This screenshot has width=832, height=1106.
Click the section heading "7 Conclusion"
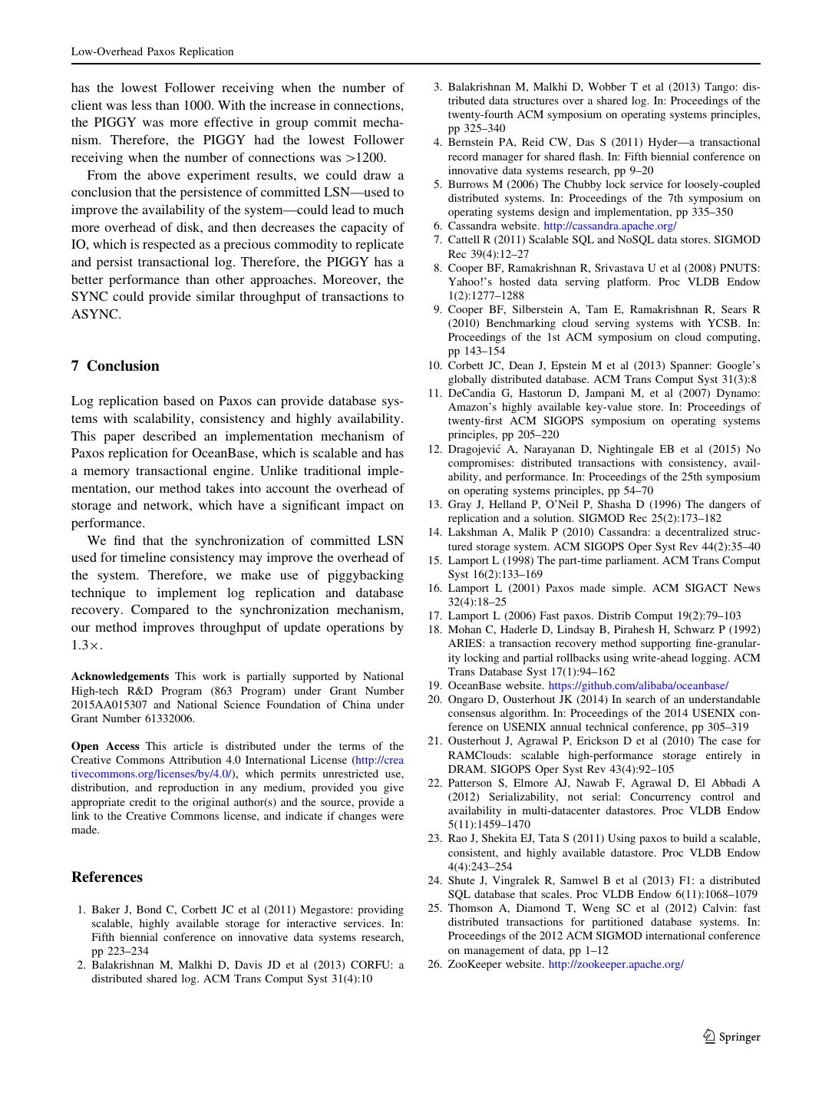click(115, 366)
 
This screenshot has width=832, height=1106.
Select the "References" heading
click(107, 877)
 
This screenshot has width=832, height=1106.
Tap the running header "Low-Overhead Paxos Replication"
click(152, 51)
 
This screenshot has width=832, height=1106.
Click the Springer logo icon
click(709, 1036)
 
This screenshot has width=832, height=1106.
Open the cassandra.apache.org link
click(609, 226)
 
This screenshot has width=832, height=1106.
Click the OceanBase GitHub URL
click(639, 685)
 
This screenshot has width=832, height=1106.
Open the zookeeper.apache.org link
click(616, 964)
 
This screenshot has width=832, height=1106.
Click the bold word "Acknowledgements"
click(120, 676)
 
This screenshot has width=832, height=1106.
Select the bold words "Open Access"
click(105, 746)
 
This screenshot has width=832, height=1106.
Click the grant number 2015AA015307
click(108, 705)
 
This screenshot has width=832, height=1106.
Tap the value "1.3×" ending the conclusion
click(86, 645)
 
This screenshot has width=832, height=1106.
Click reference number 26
click(434, 964)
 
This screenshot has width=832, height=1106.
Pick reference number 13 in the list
click(434, 504)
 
